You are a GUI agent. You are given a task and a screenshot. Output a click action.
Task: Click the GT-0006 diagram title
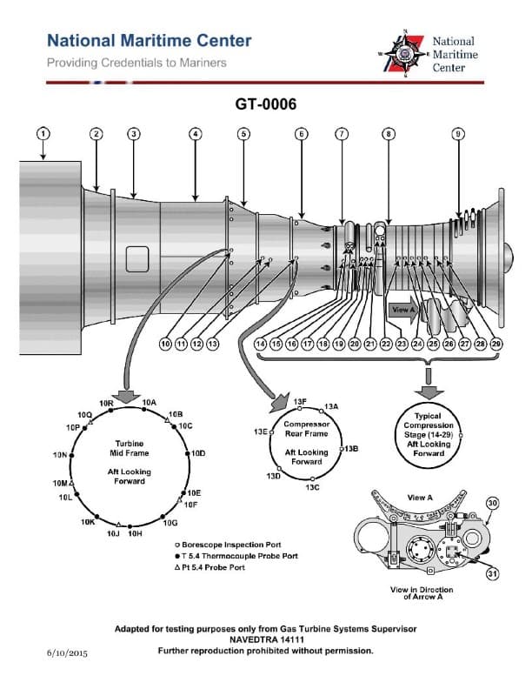pyautogui.click(x=266, y=104)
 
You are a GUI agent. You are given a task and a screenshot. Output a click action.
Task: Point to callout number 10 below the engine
pyautogui.click(x=165, y=344)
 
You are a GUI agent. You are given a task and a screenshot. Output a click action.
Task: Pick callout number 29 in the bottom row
pyautogui.click(x=496, y=344)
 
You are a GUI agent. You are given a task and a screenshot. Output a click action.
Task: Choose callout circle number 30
pyautogui.click(x=492, y=503)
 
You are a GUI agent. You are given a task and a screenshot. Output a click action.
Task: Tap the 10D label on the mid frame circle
pyautogui.click(x=198, y=453)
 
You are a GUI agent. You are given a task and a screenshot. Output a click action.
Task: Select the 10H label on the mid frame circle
pyautogui.click(x=135, y=533)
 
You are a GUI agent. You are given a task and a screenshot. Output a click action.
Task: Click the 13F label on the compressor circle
pyautogui.click(x=300, y=401)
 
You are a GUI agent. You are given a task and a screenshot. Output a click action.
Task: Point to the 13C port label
pyautogui.click(x=312, y=487)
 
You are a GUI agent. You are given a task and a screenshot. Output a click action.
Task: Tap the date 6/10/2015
pyautogui.click(x=68, y=652)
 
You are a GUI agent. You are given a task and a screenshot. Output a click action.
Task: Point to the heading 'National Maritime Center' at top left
pyautogui.click(x=149, y=41)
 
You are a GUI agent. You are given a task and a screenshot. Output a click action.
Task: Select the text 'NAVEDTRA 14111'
pyautogui.click(x=266, y=639)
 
